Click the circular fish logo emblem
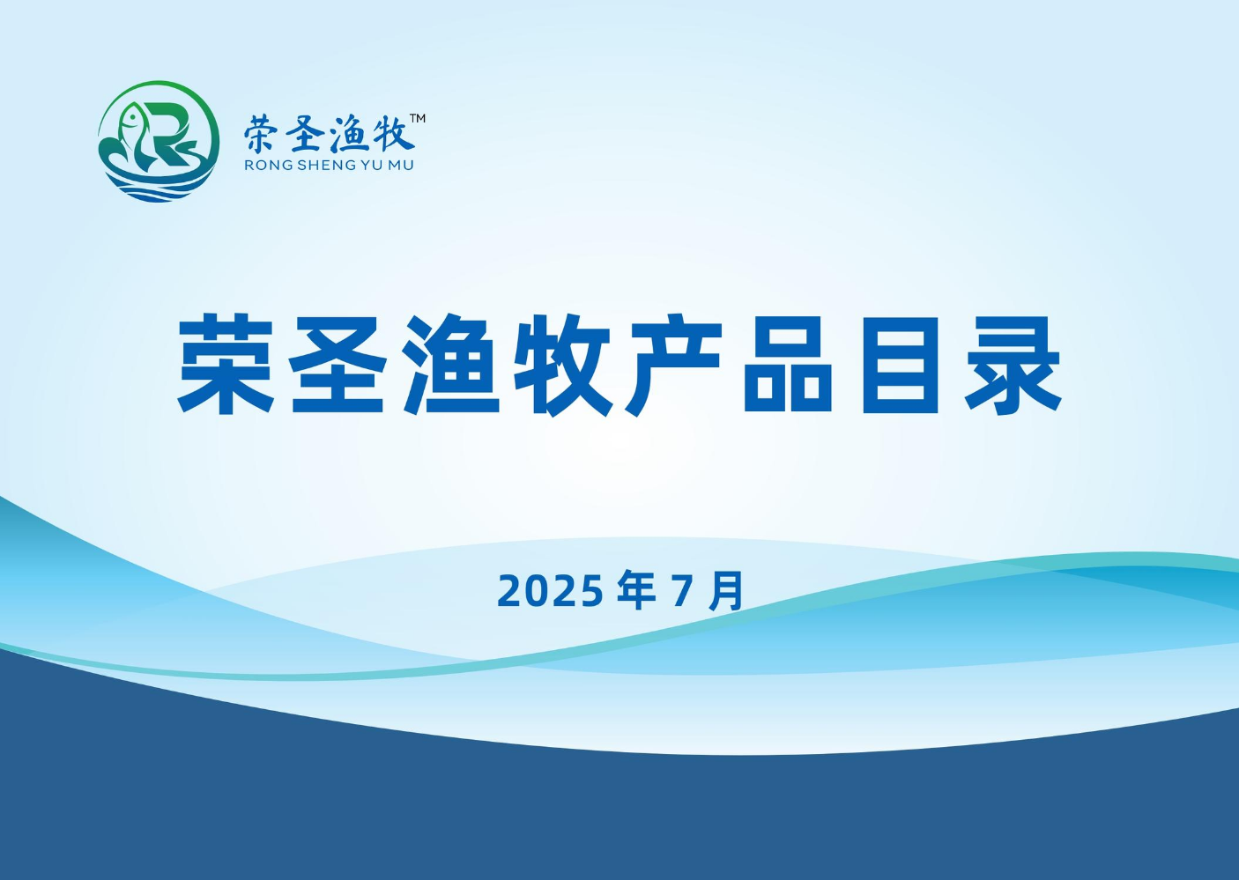pyautogui.click(x=159, y=142)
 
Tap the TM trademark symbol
pyautogui.click(x=417, y=118)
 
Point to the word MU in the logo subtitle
pyautogui.click(x=401, y=166)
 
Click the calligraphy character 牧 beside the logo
pyautogui.click(x=392, y=133)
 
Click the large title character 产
pyautogui.click(x=674, y=365)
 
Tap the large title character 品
pyautogui.click(x=788, y=365)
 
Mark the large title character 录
pyautogui.click(x=1013, y=365)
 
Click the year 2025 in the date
pyautogui.click(x=550, y=591)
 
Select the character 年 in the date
pyautogui.click(x=636, y=590)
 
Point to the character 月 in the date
pyautogui.click(x=726, y=591)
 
